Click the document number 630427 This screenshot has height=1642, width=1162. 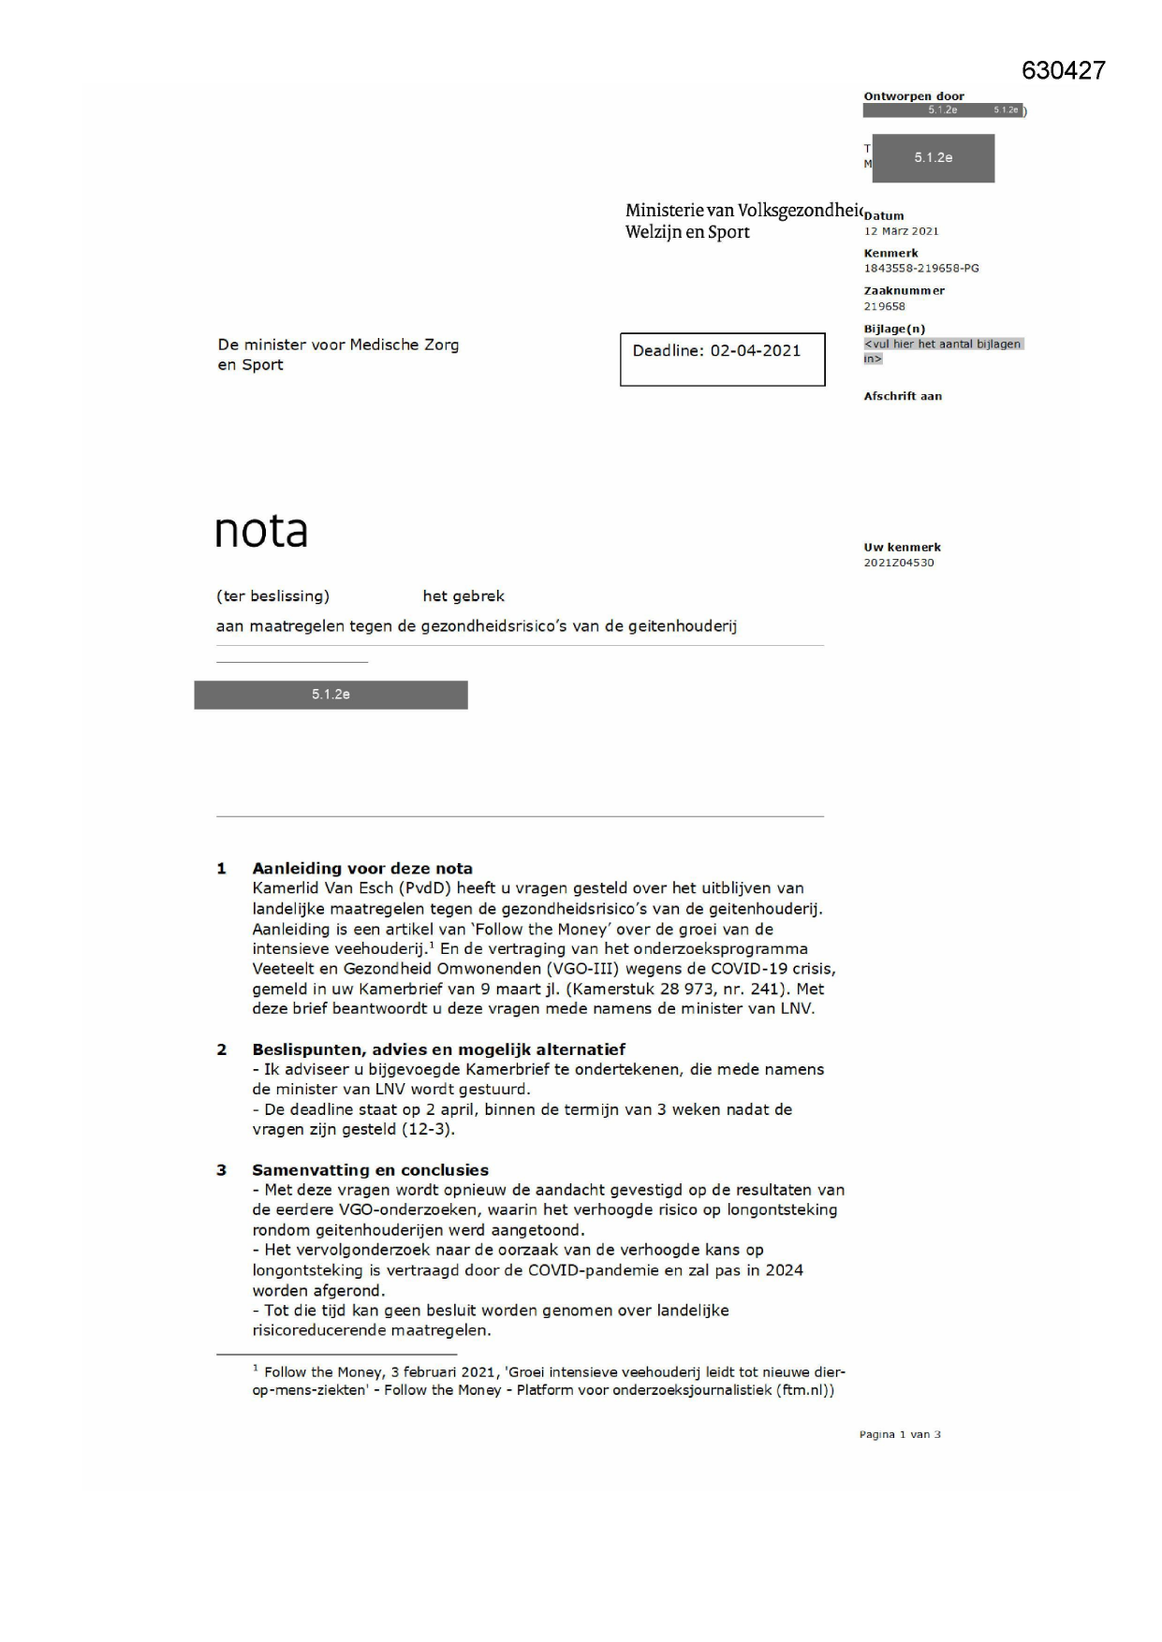[1063, 71]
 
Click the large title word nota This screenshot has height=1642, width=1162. [261, 532]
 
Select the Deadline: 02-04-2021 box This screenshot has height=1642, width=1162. [722, 359]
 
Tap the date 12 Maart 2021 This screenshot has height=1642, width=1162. [901, 231]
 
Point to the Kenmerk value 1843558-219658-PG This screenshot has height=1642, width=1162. [921, 269]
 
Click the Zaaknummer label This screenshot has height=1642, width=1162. [904, 291]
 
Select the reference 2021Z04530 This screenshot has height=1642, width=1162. [899, 563]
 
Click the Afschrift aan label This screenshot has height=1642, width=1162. [903, 397]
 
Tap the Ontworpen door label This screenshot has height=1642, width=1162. [914, 96]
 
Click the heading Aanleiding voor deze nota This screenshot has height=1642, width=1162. [362, 868]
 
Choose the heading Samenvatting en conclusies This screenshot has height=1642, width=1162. [370, 1169]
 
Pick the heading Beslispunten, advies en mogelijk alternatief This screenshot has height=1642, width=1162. [438, 1049]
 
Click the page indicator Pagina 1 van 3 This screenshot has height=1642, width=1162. [900, 1434]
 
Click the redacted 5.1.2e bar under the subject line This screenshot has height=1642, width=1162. [331, 695]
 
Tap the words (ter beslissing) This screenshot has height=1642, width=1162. [272, 596]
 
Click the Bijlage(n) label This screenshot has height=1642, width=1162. [894, 330]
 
